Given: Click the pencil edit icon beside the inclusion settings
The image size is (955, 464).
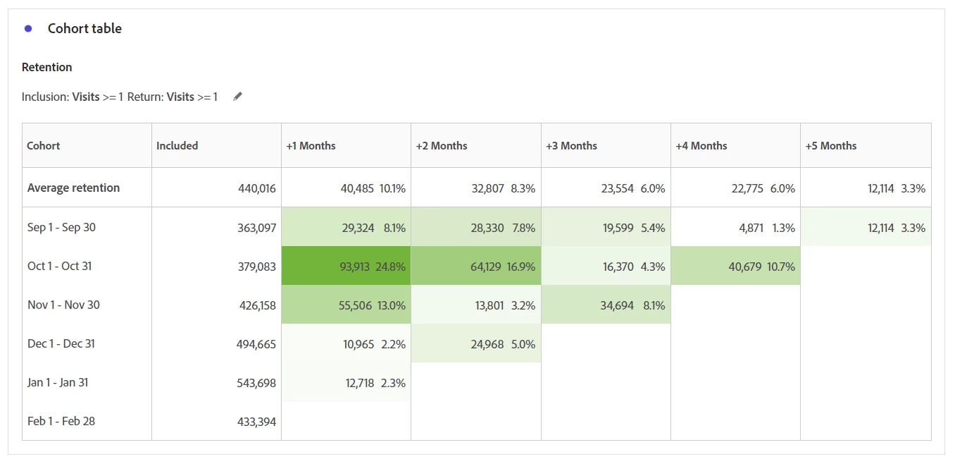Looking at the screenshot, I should pos(238,97).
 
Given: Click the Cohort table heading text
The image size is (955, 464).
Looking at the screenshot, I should pos(85,29).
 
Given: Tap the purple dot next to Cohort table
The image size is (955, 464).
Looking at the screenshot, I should pos(28,29).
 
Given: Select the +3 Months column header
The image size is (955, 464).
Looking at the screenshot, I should pos(571,146).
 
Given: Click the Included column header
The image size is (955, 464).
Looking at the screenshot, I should pos(177,146).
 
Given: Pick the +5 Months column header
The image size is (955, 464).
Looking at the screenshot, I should pos(831,146).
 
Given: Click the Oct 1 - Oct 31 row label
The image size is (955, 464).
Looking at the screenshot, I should pos(60,267).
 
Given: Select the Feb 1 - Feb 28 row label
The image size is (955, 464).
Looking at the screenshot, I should pos(61,422).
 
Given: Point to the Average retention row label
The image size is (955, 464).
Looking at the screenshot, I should pos(73,188).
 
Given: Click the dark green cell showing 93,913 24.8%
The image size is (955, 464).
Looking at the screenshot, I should pos(346,267).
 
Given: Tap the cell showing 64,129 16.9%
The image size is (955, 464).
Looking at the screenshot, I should pos(476,267).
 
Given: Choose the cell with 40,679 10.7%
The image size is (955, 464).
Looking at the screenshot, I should pos(735,267).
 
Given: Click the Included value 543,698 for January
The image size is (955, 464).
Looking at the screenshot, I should pos(256,384).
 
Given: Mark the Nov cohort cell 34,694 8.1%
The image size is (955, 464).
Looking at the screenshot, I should pos(606,305).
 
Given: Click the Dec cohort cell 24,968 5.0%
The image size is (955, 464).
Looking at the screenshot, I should pos(476,344).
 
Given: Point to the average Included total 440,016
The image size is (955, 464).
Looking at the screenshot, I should pos(256,188).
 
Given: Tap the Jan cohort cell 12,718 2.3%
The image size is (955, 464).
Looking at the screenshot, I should pos(346,384).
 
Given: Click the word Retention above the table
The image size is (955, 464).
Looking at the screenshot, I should pos(47,68).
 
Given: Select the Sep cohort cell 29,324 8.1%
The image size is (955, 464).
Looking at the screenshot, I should pos(346,228).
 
